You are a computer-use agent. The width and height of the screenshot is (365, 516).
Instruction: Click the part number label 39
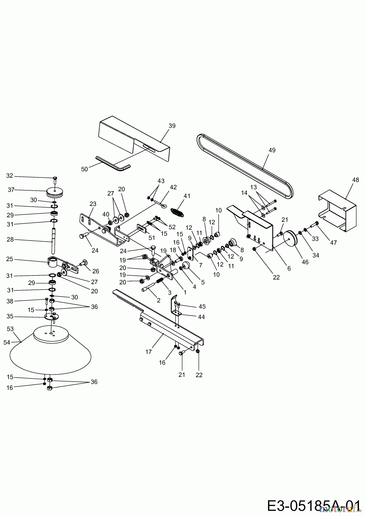tap(172, 126)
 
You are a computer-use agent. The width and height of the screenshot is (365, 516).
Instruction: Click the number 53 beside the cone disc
tap(10, 329)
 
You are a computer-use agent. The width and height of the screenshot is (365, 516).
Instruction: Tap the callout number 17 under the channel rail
tap(148, 352)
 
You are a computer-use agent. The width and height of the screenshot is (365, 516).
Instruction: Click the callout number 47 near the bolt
tap(333, 243)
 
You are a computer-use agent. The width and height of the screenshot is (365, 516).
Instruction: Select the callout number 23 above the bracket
tap(93, 204)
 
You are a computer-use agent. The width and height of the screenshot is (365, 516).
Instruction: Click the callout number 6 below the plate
tap(289, 268)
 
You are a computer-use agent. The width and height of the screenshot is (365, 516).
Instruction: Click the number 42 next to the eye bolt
tap(173, 187)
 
